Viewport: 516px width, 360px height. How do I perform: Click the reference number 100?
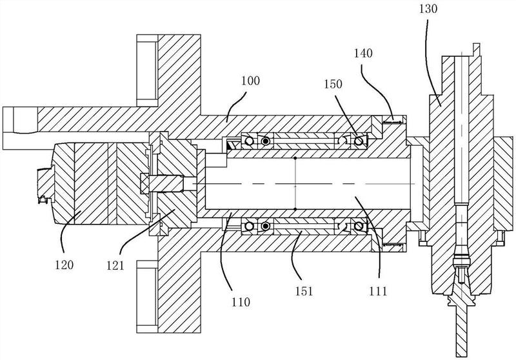(250, 81)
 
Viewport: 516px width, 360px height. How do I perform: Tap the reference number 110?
(241, 301)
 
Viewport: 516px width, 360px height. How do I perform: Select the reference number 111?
(378, 291)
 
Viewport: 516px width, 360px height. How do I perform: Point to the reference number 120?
(64, 265)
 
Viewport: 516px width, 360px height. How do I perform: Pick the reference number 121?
(115, 265)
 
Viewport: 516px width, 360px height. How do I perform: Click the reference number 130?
(428, 8)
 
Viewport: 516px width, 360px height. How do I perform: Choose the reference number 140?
(363, 53)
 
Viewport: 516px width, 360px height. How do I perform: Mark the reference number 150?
(333, 85)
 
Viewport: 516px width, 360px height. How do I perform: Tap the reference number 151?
(304, 291)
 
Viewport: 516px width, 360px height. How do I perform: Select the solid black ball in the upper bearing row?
(265, 141)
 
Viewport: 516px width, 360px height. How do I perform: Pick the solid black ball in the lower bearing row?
(265, 226)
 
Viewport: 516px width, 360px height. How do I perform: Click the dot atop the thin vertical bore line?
(295, 158)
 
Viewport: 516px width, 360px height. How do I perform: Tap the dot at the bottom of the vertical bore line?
(295, 209)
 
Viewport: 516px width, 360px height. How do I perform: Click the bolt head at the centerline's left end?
(144, 183)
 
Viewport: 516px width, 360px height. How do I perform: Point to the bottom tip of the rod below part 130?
(461, 356)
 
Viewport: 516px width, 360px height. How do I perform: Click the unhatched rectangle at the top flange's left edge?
(147, 70)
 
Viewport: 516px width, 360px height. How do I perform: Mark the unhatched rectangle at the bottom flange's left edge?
(147, 297)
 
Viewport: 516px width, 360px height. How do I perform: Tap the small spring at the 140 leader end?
(392, 122)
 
